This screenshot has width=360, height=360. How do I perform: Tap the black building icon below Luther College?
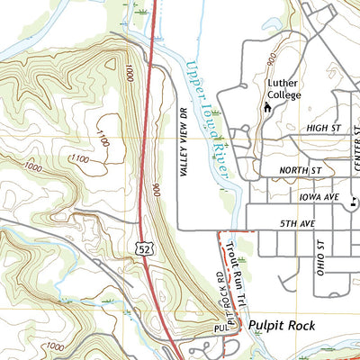(266, 108)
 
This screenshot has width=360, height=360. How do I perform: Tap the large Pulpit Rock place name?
(282, 326)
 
